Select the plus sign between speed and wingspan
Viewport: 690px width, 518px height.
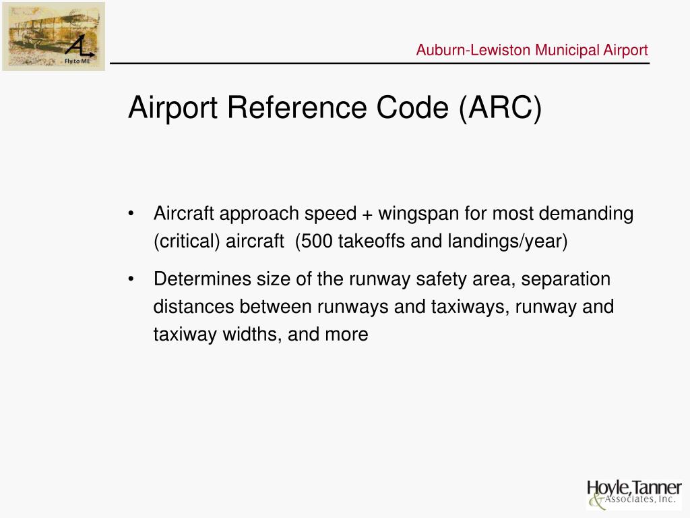click(x=367, y=214)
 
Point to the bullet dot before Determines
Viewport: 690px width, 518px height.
click(x=131, y=279)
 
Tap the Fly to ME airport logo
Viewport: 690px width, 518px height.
click(x=53, y=36)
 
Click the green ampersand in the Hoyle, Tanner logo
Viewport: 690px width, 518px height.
click(x=595, y=501)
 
